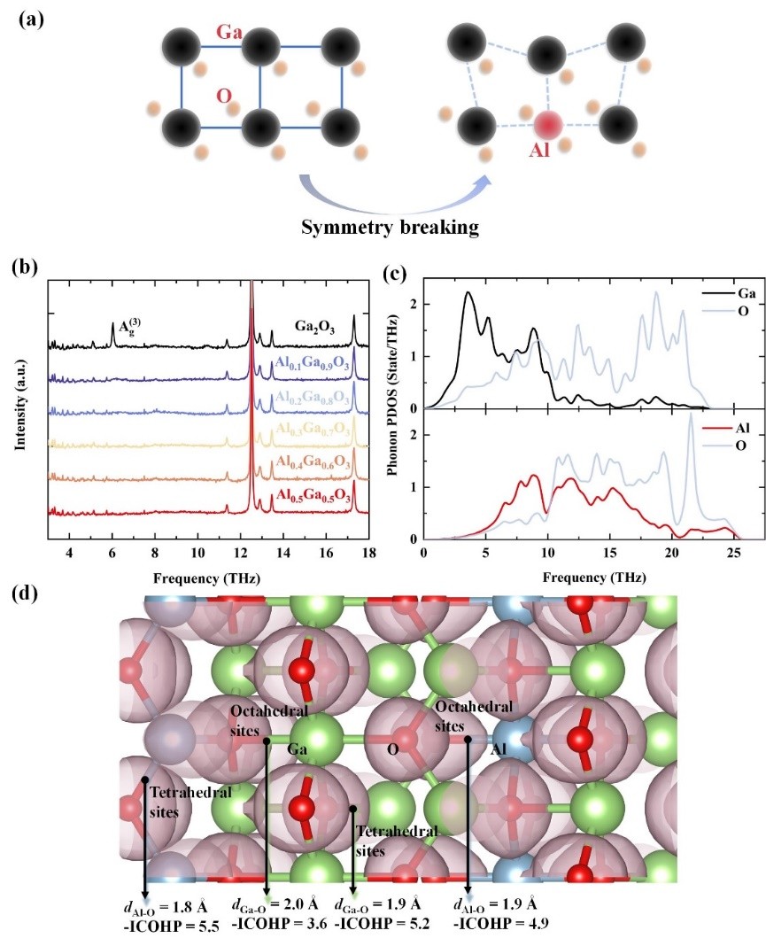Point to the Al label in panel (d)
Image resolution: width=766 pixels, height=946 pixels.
[502, 748]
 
